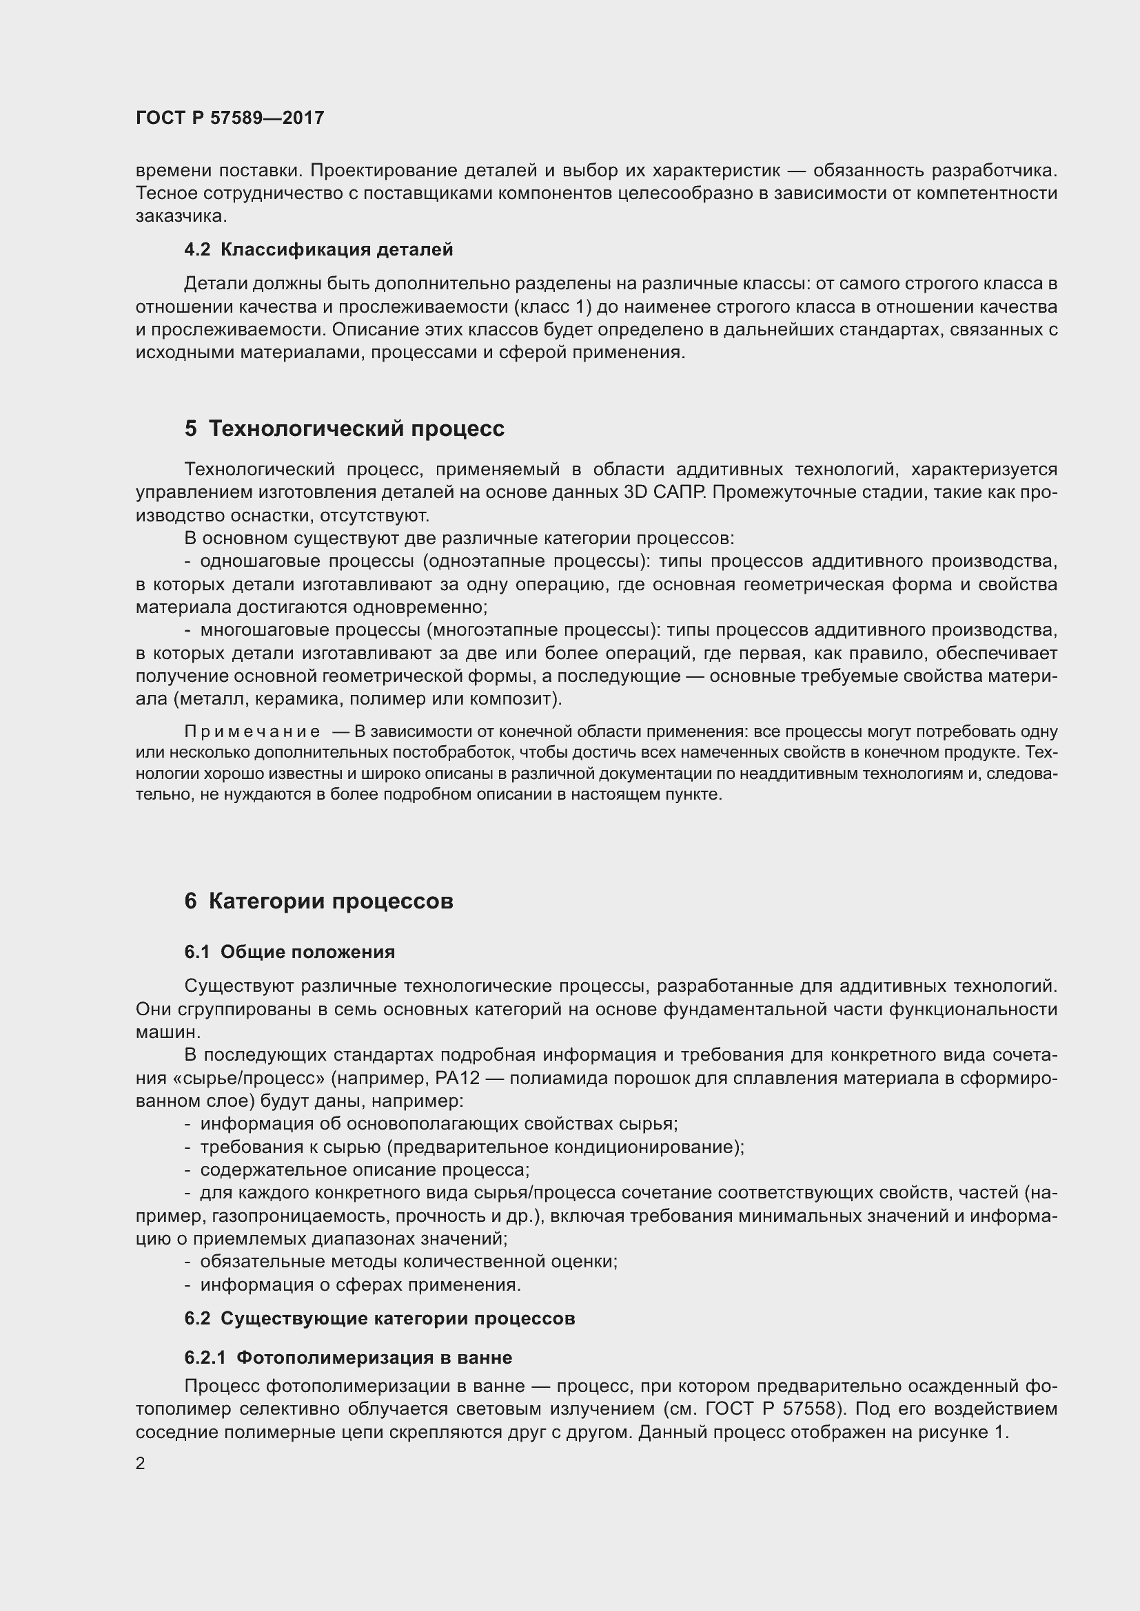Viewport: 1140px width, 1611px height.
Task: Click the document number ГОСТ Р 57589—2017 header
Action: (230, 118)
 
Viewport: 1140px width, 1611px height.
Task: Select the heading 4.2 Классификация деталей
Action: (318, 249)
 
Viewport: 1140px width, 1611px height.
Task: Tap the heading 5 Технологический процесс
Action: (344, 428)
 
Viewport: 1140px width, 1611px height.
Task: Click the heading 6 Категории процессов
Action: (318, 902)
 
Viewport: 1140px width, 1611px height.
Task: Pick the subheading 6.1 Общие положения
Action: (289, 952)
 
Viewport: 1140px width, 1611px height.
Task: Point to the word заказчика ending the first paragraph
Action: (181, 216)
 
